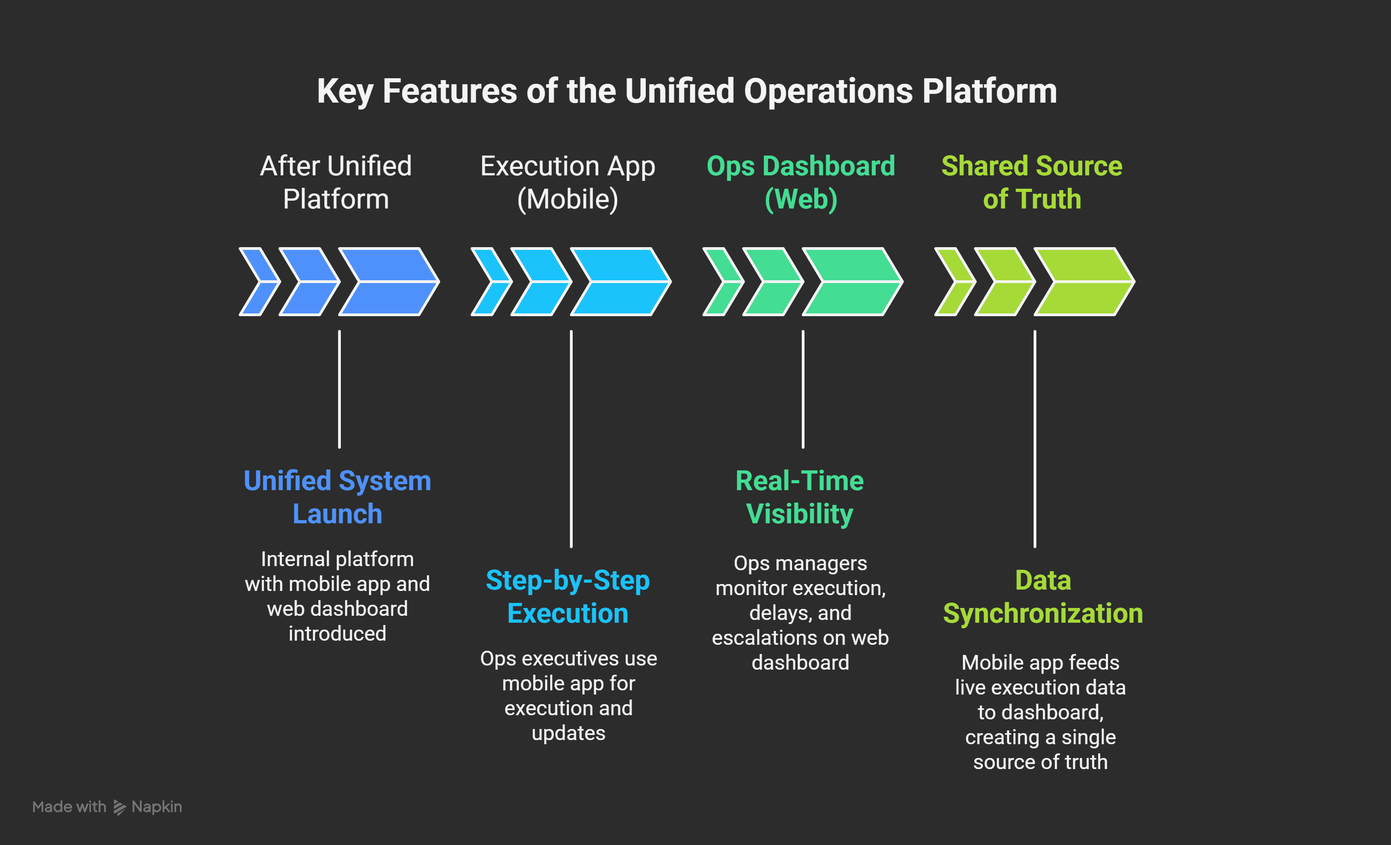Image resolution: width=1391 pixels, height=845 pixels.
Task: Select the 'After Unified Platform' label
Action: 336,182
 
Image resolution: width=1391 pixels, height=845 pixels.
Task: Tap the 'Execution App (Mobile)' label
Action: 568,182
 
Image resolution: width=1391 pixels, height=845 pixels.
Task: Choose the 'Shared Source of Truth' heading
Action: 1032,182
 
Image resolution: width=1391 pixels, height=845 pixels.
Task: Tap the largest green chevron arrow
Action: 852,281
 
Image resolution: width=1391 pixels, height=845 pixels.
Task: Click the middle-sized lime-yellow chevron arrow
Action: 1005,281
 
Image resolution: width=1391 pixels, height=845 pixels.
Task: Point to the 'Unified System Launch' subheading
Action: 338,497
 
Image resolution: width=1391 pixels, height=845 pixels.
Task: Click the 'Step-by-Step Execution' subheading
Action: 568,596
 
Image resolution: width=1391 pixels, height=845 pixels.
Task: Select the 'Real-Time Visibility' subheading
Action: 800,497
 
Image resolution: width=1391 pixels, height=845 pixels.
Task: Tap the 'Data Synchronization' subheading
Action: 1043,596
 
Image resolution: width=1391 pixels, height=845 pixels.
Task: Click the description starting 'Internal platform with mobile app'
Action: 338,596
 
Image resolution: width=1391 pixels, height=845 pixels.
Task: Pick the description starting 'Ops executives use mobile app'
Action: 569,696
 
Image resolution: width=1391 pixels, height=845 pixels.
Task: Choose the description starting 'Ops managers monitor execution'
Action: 800,613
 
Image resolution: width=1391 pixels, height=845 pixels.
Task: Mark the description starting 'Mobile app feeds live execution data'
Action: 1040,712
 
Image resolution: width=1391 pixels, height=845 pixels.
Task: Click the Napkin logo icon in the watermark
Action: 119,807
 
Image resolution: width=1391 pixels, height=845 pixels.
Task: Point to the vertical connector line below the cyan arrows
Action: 571,439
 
